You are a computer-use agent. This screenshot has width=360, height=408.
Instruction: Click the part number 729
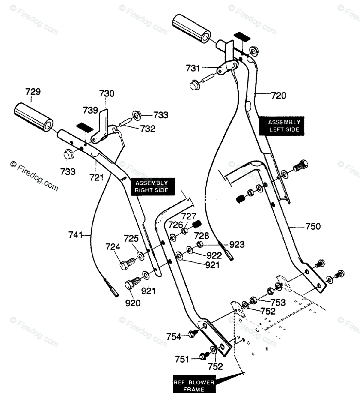[33, 92]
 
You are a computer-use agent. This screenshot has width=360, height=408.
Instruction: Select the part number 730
[107, 93]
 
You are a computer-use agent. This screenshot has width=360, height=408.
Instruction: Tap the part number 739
[90, 111]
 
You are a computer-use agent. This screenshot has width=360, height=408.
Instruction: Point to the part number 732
[148, 129]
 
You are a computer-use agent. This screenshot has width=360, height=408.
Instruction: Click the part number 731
[193, 68]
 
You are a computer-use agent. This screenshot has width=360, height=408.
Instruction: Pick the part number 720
[278, 96]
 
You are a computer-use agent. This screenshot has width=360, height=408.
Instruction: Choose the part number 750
[313, 226]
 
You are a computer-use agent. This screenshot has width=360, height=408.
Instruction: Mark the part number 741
[75, 235]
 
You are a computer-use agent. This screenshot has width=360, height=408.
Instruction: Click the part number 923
[237, 245]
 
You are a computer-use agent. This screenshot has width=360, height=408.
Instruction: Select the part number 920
[133, 303]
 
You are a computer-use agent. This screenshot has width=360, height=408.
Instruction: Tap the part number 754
[174, 337]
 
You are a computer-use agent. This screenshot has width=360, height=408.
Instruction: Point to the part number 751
[182, 359]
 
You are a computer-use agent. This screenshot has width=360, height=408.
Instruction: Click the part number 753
[278, 303]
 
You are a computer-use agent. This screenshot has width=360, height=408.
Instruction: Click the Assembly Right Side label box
[153, 186]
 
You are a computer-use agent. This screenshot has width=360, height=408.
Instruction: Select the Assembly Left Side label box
[281, 126]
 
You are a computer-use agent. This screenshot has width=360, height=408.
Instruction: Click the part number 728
[202, 236]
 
